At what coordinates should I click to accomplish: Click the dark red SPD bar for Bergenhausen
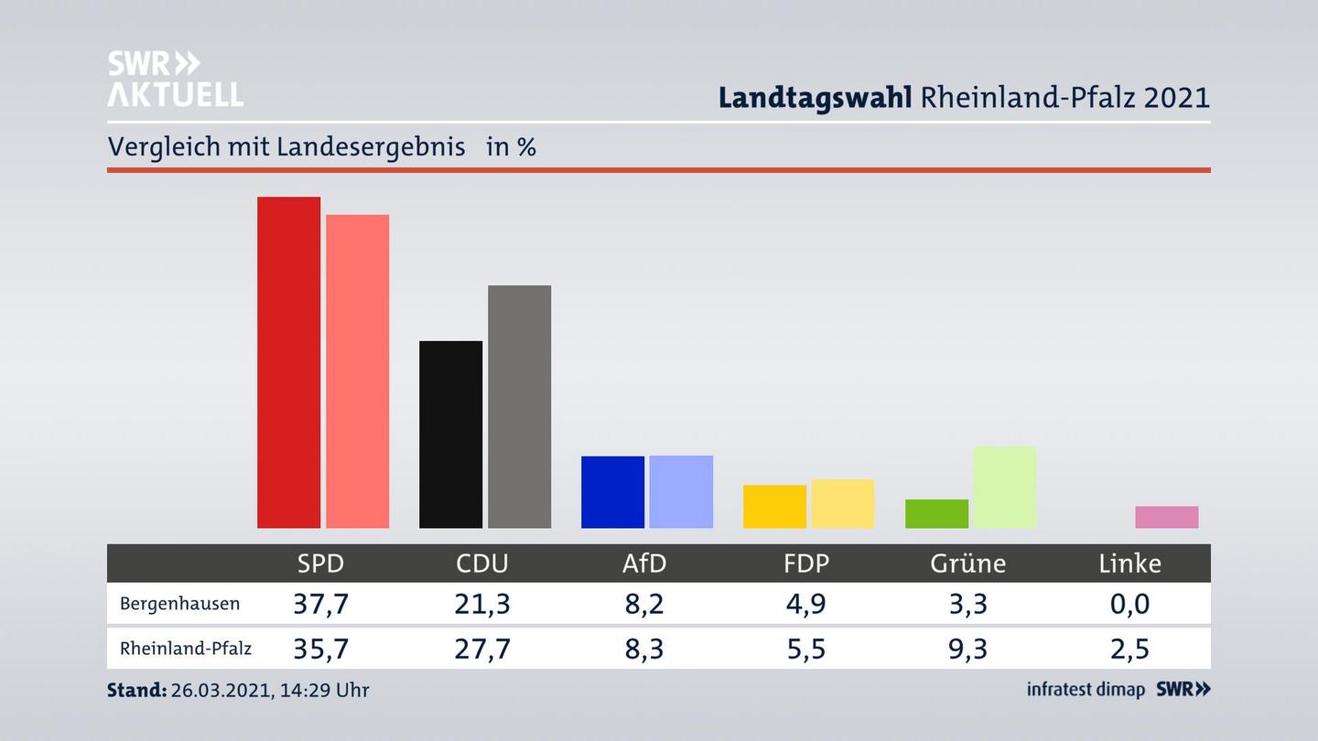coord(288,362)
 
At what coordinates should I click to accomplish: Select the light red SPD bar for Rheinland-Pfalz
coord(357,371)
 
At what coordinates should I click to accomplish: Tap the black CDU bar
coord(450,435)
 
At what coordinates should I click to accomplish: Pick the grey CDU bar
coord(519,406)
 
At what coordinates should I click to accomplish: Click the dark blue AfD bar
coord(612,491)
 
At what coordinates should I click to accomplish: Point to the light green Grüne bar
coord(1004,487)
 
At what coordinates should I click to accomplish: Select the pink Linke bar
coord(1166,517)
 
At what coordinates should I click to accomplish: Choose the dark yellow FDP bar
coord(774,506)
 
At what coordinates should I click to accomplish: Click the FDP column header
coord(805,564)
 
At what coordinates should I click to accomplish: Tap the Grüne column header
coord(967,564)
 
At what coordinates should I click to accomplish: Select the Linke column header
coord(1129,564)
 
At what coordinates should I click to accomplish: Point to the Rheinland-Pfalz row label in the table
coord(185,649)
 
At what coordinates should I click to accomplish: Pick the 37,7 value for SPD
coord(320,604)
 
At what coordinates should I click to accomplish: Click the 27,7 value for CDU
coord(482,649)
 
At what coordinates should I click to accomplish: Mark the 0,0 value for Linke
coord(1129,604)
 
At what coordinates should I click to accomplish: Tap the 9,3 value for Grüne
coord(967,649)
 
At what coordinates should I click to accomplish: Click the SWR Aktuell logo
coord(175,79)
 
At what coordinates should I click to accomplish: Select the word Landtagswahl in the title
coord(815,97)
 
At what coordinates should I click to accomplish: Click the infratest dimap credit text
coord(1086,690)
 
